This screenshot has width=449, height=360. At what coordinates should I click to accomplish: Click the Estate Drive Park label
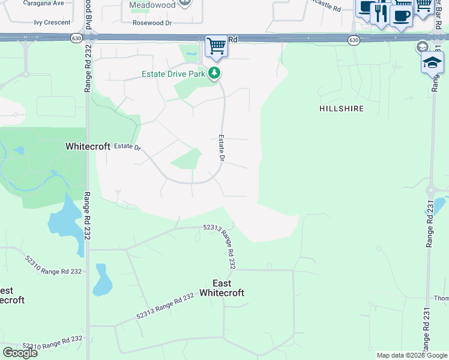click(173, 74)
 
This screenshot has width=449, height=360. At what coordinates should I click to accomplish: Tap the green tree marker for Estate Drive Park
click(214, 74)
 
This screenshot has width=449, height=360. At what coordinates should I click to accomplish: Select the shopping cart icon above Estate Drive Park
click(216, 46)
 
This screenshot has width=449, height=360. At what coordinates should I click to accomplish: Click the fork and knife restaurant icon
click(381, 13)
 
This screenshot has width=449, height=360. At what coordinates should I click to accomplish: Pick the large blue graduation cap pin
click(432, 62)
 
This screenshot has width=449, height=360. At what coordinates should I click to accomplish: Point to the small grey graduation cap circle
click(422, 47)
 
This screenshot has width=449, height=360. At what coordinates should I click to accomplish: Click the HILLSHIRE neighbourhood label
click(342, 109)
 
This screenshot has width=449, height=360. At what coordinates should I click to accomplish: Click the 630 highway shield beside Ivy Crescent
click(76, 38)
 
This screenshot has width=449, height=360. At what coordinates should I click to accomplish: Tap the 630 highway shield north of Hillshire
click(354, 40)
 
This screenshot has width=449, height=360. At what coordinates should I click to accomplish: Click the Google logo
click(20, 353)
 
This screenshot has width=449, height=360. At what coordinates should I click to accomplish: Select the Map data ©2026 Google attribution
click(412, 355)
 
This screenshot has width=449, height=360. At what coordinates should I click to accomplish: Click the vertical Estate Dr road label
click(221, 148)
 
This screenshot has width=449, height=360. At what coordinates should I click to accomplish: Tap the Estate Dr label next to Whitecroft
click(127, 146)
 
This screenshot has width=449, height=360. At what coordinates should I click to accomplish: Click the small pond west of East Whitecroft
click(102, 280)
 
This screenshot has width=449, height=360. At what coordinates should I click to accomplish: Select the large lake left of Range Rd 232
click(66, 223)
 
